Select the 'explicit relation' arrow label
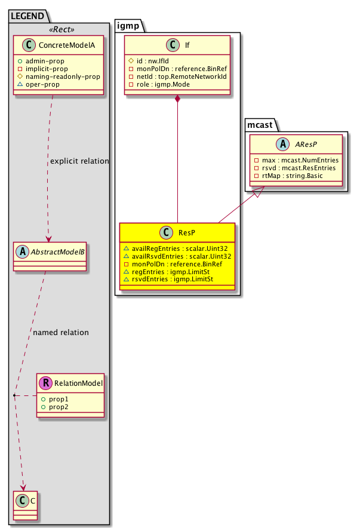[80, 161]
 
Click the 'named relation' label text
[61, 332]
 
